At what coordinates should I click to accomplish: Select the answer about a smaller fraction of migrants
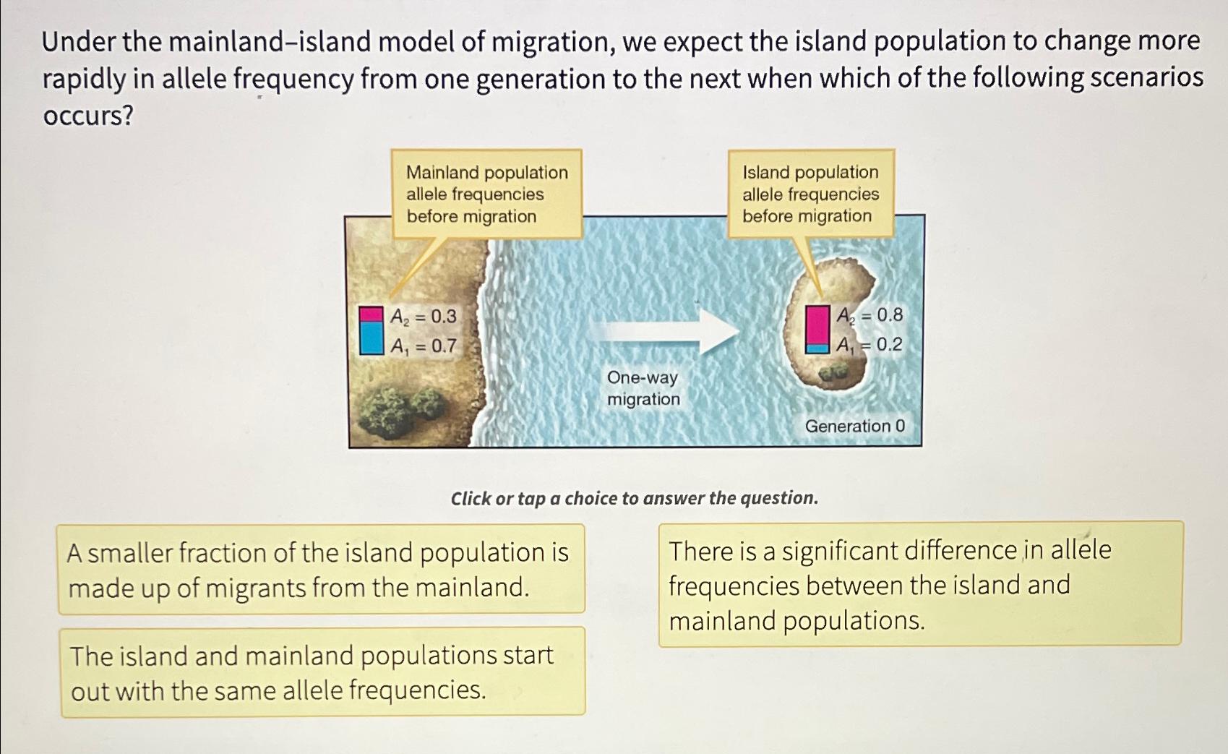tap(321, 570)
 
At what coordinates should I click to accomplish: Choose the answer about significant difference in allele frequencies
tap(919, 584)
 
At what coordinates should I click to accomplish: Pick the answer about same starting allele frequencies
tap(322, 672)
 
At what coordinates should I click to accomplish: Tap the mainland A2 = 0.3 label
tap(424, 316)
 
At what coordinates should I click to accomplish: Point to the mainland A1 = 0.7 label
tap(424, 346)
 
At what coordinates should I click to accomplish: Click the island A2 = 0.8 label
tap(870, 315)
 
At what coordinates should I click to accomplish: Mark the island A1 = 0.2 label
tap(870, 345)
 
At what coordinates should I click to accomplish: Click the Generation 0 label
tap(854, 426)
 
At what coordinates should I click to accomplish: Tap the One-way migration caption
tap(643, 388)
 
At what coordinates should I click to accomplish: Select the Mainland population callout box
tap(486, 194)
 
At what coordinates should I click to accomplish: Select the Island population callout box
tap(810, 194)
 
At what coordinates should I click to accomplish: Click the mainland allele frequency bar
tap(372, 330)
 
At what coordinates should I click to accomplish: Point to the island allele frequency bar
tap(817, 329)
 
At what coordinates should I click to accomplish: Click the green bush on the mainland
tap(401, 406)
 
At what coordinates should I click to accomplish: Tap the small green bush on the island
tap(833, 372)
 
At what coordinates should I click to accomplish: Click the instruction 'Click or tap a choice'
tap(634, 498)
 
